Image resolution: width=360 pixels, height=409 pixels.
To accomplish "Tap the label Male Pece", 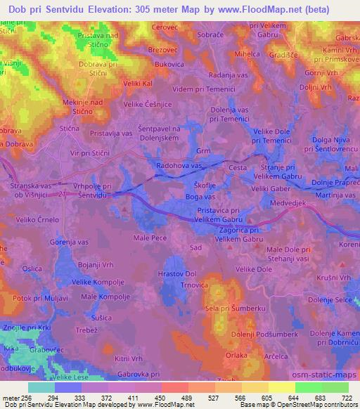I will (x=150, y=239).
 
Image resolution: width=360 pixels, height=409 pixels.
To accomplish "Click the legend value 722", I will (x=345, y=398).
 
